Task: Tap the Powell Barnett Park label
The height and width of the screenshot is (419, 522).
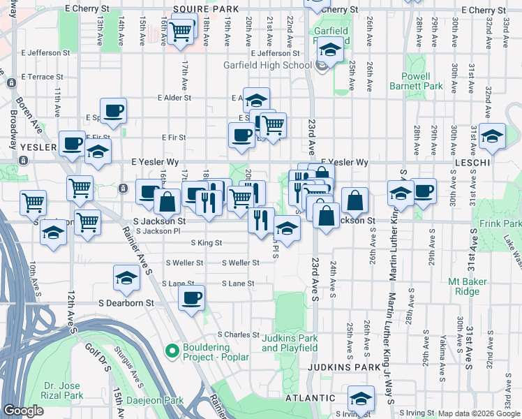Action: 422,81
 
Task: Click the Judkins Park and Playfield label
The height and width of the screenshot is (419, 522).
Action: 290,343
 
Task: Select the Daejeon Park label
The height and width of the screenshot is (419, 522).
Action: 154,401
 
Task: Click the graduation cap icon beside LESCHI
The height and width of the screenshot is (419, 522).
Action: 492,136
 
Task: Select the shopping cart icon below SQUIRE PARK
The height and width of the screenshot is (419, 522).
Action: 181,31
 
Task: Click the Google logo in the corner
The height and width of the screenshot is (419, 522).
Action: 23,411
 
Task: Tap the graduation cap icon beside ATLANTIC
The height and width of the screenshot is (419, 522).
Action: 360,399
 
